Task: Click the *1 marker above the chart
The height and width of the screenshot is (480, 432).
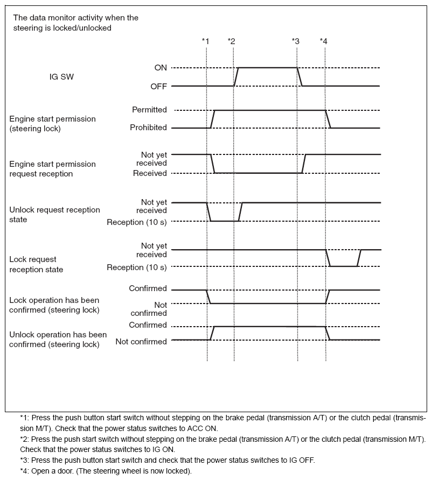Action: click(x=205, y=41)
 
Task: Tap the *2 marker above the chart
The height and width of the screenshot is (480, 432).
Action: click(x=232, y=41)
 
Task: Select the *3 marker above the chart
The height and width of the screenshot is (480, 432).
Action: click(x=295, y=41)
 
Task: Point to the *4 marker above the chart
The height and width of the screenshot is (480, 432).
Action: click(x=323, y=41)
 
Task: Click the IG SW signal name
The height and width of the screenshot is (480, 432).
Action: click(x=61, y=77)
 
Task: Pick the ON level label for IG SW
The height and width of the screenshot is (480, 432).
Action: click(x=161, y=68)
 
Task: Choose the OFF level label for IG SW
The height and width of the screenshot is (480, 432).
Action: click(x=158, y=86)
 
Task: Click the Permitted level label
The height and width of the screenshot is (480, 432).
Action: click(x=149, y=110)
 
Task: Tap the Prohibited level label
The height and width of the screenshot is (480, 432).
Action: click(x=148, y=128)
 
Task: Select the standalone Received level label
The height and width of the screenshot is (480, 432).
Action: click(x=150, y=173)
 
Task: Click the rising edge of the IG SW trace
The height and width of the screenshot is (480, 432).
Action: click(x=236, y=76)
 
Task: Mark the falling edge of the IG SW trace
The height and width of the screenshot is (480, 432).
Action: click(x=299, y=76)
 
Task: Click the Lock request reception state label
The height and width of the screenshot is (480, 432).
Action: click(x=37, y=264)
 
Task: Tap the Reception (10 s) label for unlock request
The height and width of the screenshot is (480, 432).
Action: click(x=137, y=222)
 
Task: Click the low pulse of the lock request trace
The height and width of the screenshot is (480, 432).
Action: click(x=343, y=266)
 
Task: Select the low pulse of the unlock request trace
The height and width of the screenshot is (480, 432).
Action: click(x=224, y=221)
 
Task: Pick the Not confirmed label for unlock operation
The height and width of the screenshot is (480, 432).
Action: click(x=141, y=342)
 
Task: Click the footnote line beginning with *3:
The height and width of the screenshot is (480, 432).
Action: click(x=167, y=460)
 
